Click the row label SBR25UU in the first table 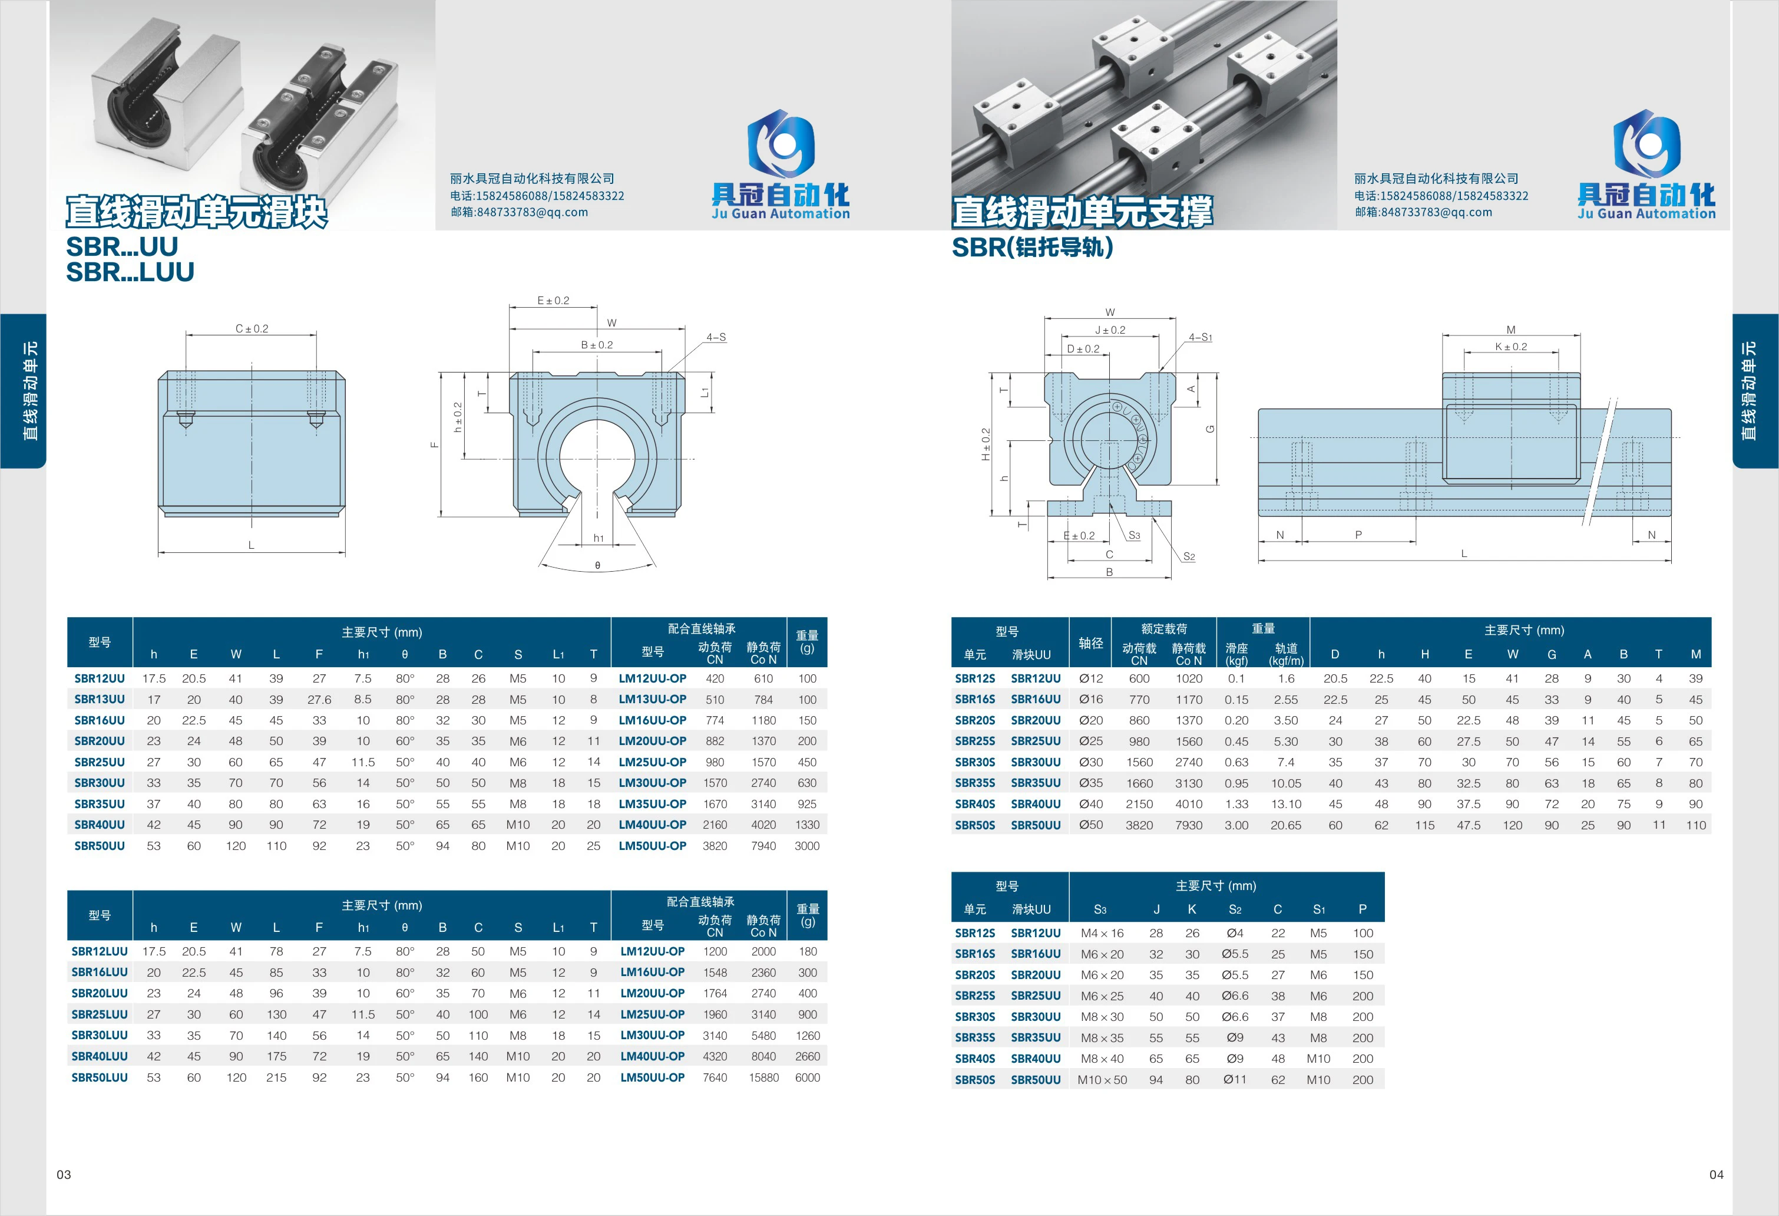100,762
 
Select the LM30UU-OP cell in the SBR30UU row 652,783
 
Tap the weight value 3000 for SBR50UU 807,845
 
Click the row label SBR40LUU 100,1056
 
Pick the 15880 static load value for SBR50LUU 763,1077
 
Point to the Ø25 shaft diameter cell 1091,742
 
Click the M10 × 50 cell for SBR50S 1102,1080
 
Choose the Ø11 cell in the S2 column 1235,1080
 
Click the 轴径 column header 1091,643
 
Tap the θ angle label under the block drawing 598,566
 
